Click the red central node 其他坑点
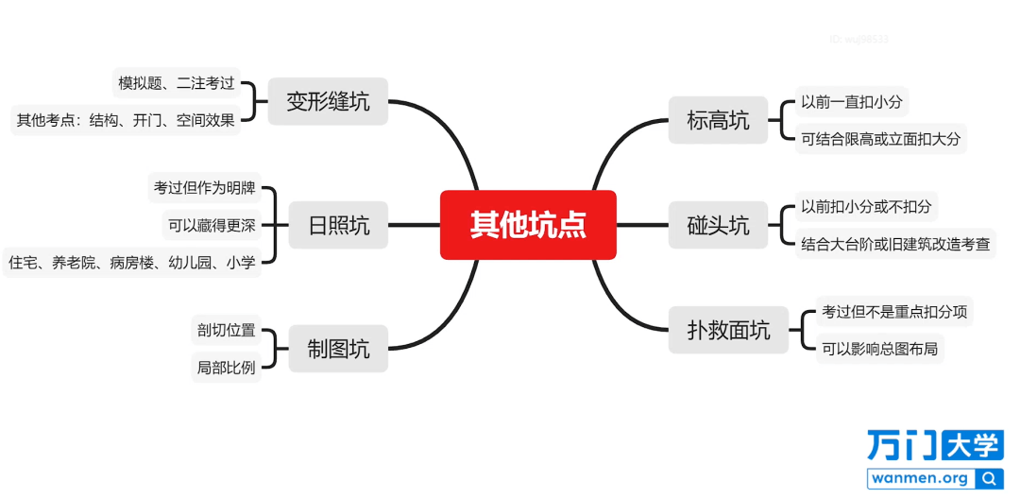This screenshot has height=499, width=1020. pos(528,225)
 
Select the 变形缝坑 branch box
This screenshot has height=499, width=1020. pos(328,101)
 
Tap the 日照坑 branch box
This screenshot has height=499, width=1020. pos(338,225)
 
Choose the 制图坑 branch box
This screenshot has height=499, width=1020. pos(338,349)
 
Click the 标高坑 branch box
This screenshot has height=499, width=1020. pos(718,120)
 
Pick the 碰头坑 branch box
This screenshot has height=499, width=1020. pos(718,225)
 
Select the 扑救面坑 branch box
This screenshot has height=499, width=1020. pos(728,331)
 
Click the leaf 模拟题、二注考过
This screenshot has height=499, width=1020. pos(177,83)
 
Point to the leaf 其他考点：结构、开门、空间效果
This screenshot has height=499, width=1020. pos(126,120)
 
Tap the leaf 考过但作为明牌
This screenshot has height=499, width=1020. pos(204,189)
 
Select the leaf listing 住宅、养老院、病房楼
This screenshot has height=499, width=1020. pos(132,262)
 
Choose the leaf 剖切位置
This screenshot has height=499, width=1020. pos(227,330)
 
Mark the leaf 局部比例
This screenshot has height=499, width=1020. pos(227,368)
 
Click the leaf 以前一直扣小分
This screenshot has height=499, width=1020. pos(852,101)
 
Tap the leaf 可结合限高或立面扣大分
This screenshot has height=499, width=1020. pos(881,139)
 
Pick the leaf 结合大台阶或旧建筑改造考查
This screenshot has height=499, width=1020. pos(895,244)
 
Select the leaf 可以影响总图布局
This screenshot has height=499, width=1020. pos(879,349)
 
